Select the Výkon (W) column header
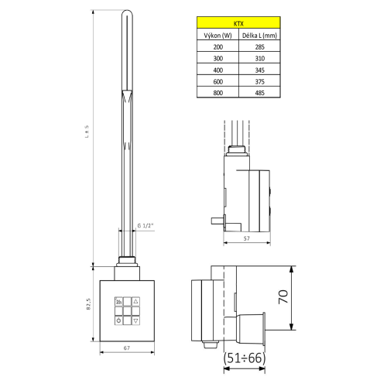pos(216,36)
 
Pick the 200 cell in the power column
pos(216,47)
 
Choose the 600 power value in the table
pos(216,82)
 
